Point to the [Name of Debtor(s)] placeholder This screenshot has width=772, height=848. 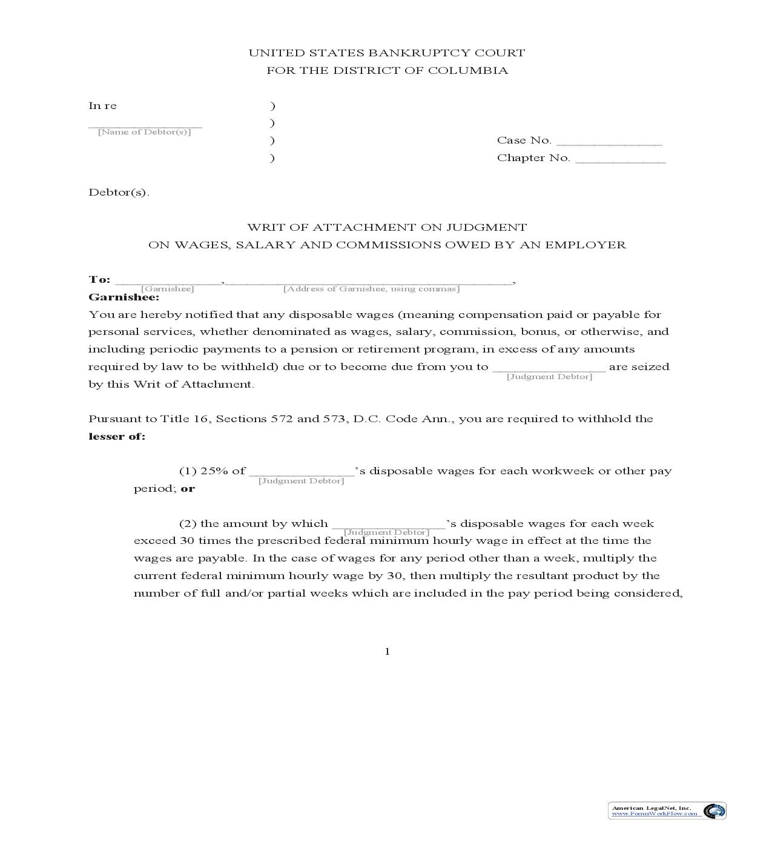pyautogui.click(x=145, y=132)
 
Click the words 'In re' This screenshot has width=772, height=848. pyautogui.click(x=102, y=106)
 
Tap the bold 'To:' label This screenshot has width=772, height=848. pyautogui.click(x=100, y=280)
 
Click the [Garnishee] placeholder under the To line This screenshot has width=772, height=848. pyautogui.click(x=168, y=289)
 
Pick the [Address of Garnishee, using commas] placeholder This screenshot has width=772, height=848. pyautogui.click(x=371, y=289)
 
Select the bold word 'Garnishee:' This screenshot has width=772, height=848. pyautogui.click(x=124, y=297)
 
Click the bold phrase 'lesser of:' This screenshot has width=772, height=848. pyautogui.click(x=117, y=437)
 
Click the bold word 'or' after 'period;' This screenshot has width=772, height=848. pyautogui.click(x=188, y=489)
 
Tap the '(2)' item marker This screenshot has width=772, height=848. pyautogui.click(x=188, y=524)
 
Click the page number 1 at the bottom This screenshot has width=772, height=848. pyautogui.click(x=387, y=652)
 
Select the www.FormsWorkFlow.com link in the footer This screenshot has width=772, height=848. pyautogui.click(x=654, y=814)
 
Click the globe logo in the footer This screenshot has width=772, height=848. pyautogui.click(x=714, y=811)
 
